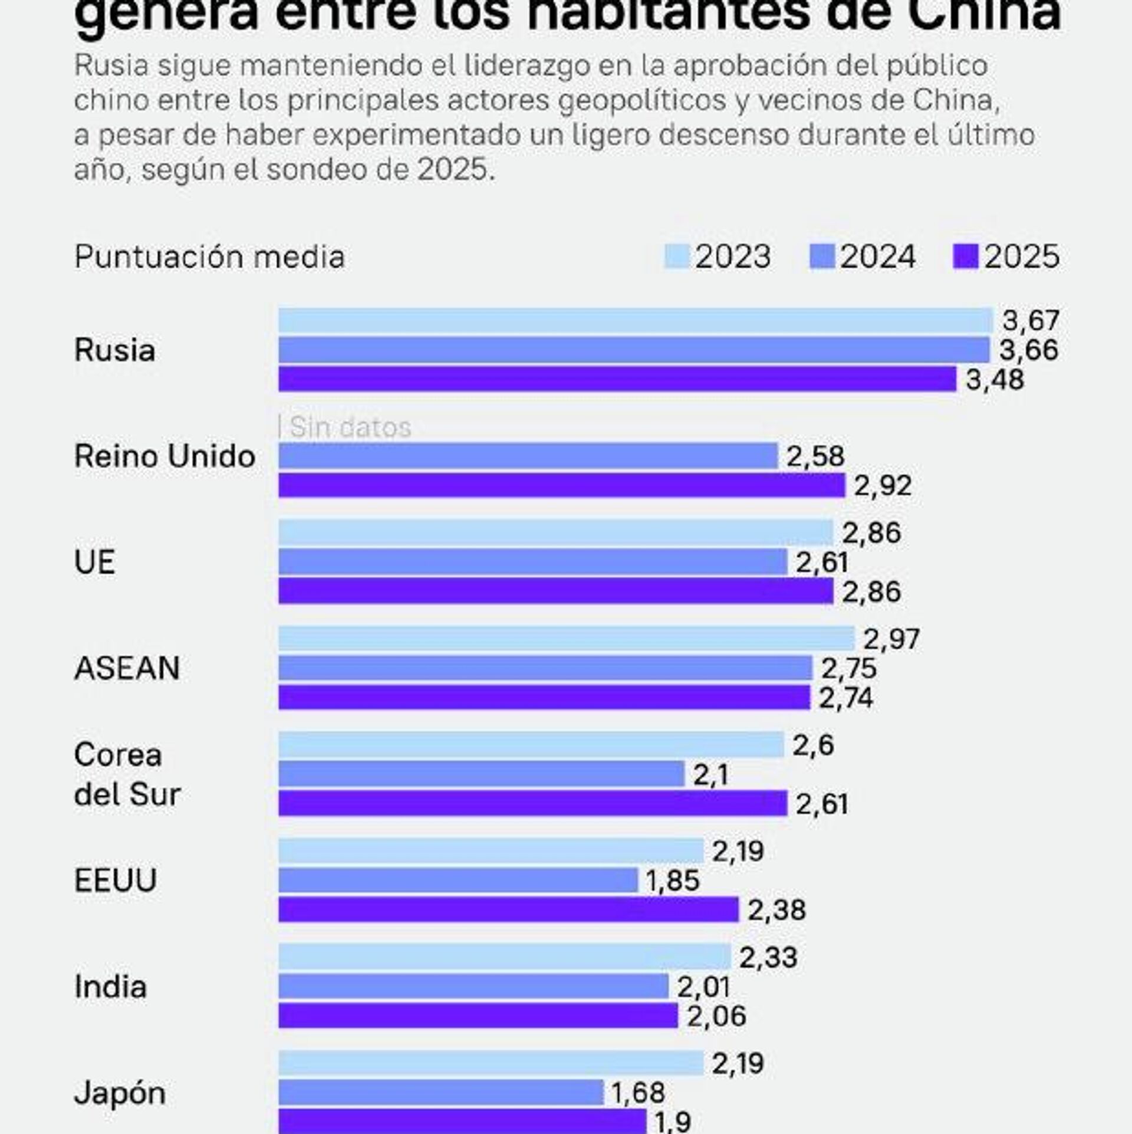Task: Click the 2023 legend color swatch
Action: pyautogui.click(x=676, y=257)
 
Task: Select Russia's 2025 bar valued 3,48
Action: pyautogui.click(x=617, y=379)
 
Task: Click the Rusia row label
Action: pyautogui.click(x=115, y=350)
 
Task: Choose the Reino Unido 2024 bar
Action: pyautogui.click(x=528, y=456)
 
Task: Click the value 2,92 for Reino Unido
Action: pyautogui.click(x=883, y=486)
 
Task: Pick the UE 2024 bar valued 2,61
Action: pyautogui.click(x=532, y=561)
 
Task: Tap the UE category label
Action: pyautogui.click(x=94, y=562)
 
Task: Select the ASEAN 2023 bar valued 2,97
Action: pyautogui.click(x=566, y=639)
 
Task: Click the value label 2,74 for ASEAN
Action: pyautogui.click(x=845, y=698)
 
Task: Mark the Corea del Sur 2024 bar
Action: pyautogui.click(x=481, y=774)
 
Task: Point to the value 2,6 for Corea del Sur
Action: pyautogui.click(x=813, y=745)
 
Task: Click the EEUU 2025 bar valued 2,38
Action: pyautogui.click(x=508, y=909)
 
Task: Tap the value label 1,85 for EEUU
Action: pyautogui.click(x=673, y=880)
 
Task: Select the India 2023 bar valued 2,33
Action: pyautogui.click(x=504, y=956)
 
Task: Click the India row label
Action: pyautogui.click(x=110, y=987)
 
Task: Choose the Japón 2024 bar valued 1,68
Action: pyautogui.click(x=441, y=1093)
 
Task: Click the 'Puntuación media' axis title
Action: pyautogui.click(x=209, y=257)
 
